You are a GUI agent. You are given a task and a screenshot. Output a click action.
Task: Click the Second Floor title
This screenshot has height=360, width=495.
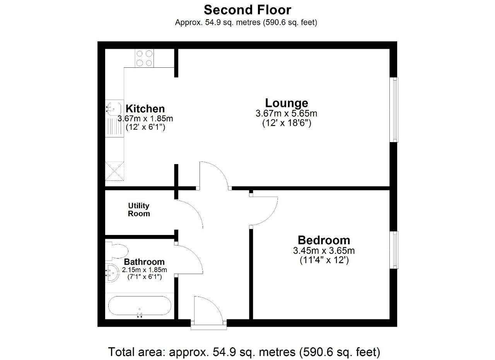point(247,10)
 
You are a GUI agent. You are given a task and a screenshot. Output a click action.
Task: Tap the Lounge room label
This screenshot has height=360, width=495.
point(287,103)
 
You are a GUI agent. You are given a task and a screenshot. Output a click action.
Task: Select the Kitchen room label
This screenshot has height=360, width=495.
point(145,108)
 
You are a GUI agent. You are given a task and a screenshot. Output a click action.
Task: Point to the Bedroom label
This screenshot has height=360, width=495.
point(324,240)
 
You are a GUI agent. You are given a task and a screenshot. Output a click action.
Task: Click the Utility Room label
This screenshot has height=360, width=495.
point(139,209)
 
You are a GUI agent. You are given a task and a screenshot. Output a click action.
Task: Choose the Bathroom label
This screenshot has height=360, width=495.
point(144,262)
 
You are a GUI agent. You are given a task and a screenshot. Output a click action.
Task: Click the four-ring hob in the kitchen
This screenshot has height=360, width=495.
point(144,58)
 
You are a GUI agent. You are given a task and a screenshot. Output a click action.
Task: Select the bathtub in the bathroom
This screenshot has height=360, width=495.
point(140,305)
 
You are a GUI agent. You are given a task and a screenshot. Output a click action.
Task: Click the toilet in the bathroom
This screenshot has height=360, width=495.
point(117,251)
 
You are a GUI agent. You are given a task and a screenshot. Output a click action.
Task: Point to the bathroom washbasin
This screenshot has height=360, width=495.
point(112,273)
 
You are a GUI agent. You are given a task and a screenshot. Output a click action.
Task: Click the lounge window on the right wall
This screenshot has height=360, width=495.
point(394,110)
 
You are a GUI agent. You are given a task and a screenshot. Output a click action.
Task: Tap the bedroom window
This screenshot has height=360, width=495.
point(394,250)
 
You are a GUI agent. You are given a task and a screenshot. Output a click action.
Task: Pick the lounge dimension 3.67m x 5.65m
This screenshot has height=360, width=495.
point(287,113)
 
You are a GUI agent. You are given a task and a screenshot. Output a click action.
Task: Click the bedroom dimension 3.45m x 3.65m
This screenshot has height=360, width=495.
point(324,250)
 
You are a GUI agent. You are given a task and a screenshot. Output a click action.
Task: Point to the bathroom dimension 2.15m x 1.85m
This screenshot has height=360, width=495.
point(144,270)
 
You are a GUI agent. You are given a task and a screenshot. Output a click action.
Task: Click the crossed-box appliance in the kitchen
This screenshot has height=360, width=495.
point(114,171)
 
